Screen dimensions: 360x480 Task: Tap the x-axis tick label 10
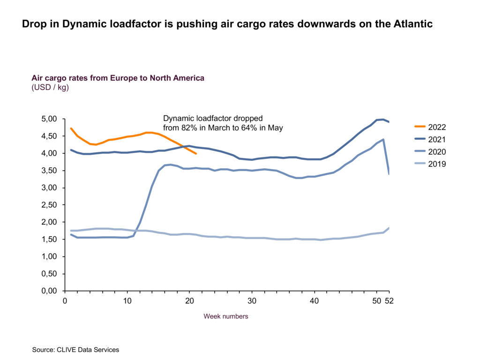click(x=127, y=301)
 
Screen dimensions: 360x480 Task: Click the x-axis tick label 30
click(x=252, y=301)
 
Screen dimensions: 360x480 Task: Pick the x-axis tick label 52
click(x=389, y=301)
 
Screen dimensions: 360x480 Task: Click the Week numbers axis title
click(x=225, y=316)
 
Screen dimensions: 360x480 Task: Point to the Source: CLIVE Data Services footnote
click(x=75, y=350)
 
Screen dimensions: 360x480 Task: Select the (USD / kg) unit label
click(x=50, y=87)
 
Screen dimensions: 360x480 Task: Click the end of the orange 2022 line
click(x=196, y=154)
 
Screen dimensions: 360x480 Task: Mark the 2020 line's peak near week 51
click(x=384, y=139)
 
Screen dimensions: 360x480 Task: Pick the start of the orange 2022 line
click(x=71, y=128)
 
